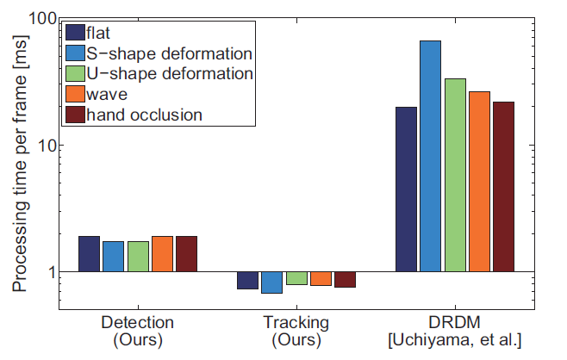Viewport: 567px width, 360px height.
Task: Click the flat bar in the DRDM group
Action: pyautogui.click(x=406, y=189)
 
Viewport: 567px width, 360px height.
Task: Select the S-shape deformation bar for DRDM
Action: pyautogui.click(x=430, y=156)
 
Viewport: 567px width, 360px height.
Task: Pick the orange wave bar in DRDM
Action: pyautogui.click(x=479, y=182)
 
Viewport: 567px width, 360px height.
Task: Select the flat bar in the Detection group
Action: pyautogui.click(x=90, y=254)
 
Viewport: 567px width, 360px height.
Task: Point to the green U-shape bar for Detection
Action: pyautogui.click(x=138, y=257)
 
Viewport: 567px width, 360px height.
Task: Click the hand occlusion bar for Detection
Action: pyautogui.click(x=187, y=254)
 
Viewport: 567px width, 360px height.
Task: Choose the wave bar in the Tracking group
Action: pyautogui.click(x=321, y=279)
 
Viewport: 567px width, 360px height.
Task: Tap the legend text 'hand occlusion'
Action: pyautogui.click(x=145, y=114)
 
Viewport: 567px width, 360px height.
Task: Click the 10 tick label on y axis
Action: pyautogui.click(x=47, y=146)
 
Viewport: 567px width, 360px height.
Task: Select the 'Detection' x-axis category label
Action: pyautogui.click(x=138, y=323)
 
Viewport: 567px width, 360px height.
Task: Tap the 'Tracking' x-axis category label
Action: pyautogui.click(x=296, y=323)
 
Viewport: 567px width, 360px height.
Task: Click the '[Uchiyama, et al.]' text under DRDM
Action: pyautogui.click(x=455, y=339)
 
